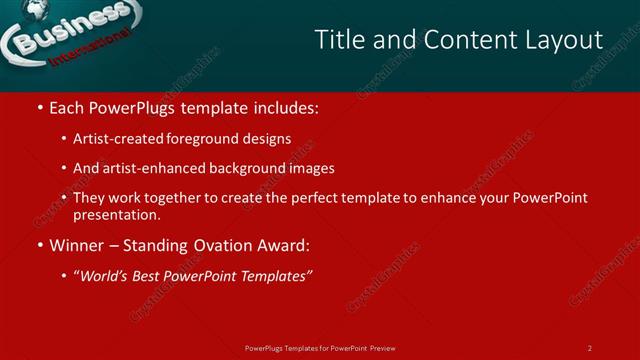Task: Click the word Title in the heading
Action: [x=337, y=40]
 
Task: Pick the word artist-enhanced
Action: [x=148, y=168]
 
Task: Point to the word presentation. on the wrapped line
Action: [x=116, y=215]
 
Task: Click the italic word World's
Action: [x=106, y=276]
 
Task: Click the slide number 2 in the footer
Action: [x=589, y=348]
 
